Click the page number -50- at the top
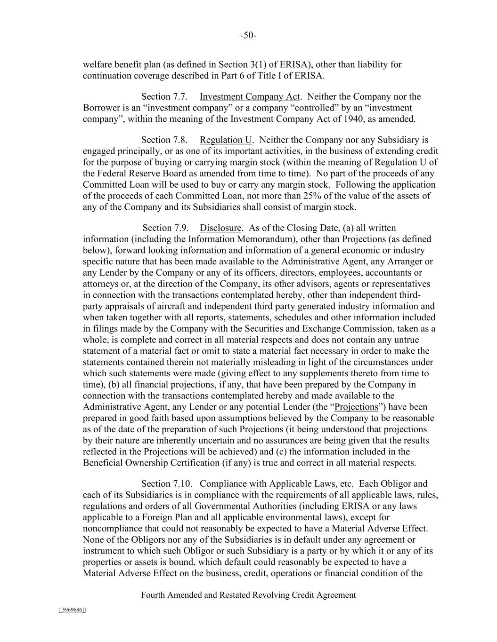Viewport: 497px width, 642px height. coord(248,36)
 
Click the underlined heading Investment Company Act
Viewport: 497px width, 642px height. coord(250,97)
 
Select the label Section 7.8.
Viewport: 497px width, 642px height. coord(164,140)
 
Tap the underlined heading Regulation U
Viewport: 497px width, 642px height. coord(226,140)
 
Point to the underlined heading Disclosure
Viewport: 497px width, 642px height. coord(220,228)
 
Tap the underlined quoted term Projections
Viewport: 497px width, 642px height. coord(356,407)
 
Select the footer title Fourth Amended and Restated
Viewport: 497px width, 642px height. coord(248,595)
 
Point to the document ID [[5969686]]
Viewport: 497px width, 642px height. coord(72,610)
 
